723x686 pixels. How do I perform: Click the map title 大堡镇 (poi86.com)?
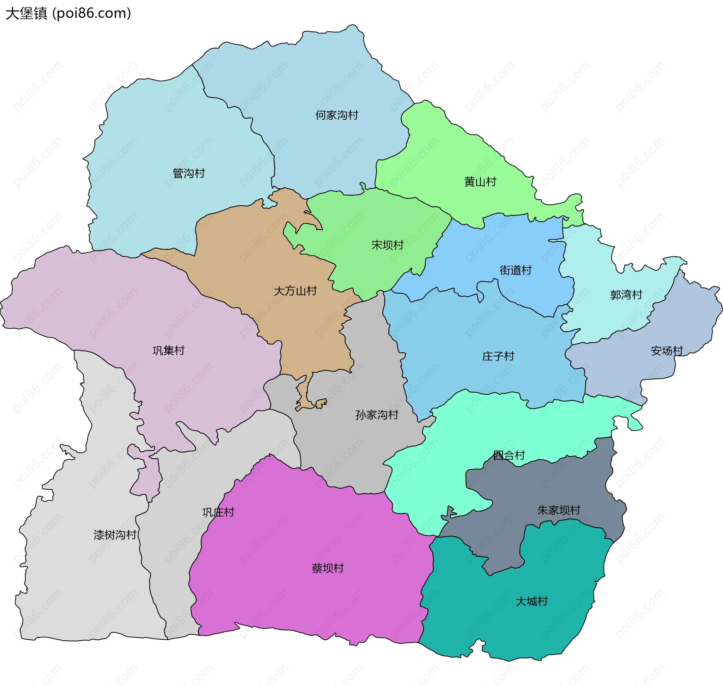point(68,13)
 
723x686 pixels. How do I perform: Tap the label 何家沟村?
point(337,115)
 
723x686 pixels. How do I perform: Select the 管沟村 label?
point(189,174)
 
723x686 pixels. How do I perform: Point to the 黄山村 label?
point(480,182)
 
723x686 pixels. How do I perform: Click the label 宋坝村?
point(387,245)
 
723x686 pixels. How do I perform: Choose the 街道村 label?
point(516,270)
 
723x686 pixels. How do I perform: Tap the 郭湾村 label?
point(626,295)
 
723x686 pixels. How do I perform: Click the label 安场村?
point(667,351)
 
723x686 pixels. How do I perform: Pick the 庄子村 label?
point(498,356)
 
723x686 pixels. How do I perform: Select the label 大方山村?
point(295,291)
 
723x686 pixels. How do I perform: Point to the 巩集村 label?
point(168,351)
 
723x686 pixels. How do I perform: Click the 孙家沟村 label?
point(377,415)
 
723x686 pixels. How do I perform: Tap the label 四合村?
point(509,456)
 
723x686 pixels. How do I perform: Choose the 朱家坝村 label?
point(559,510)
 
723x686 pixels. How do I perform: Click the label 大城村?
point(531,601)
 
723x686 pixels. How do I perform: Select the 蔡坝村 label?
point(328,568)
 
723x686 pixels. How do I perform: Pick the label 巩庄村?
point(218,512)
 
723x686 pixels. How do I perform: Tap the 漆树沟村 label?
point(115,535)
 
